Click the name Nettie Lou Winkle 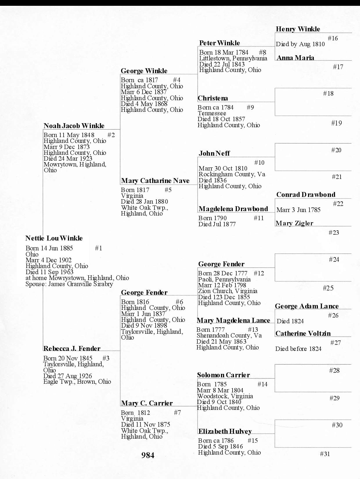coord(54,238)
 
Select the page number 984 coord(148,455)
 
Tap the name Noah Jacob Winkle coord(74,126)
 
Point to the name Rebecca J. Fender coord(72,349)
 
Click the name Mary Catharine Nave coord(155,181)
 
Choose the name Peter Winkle coord(219,43)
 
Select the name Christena coord(213,98)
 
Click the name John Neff coord(214,153)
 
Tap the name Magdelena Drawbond coord(233,209)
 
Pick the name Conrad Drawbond coord(306,195)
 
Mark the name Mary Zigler coord(294,223)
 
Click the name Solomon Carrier coord(223,375)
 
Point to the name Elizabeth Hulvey coord(225,431)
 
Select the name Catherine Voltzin coord(303,333)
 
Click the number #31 coord(325,454)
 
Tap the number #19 coord(336,123)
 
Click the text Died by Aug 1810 coord(300,44)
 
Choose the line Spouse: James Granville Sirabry coord(69,284)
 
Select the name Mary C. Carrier coord(147,403)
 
